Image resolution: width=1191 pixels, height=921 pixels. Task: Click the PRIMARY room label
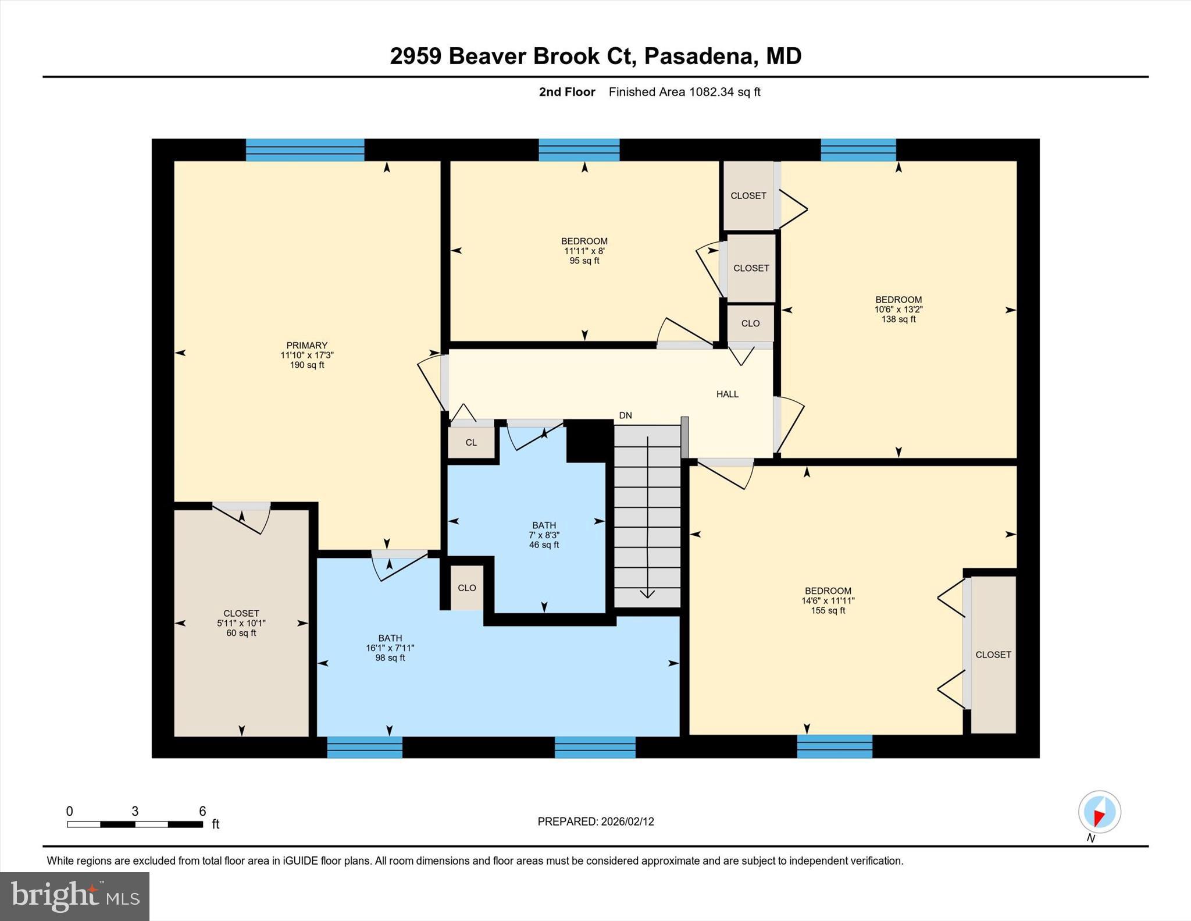pyautogui.click(x=306, y=355)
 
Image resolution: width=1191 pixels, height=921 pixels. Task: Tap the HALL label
pyautogui.click(x=727, y=394)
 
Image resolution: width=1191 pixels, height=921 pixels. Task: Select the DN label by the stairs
pyautogui.click(x=625, y=415)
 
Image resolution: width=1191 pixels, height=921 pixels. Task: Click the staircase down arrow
pyautogui.click(x=647, y=518)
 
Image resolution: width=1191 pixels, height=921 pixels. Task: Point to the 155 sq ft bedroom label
pyautogui.click(x=828, y=600)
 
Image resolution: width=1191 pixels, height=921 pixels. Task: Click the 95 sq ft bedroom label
pyautogui.click(x=584, y=251)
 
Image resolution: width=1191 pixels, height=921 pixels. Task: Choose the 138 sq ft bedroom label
pyautogui.click(x=898, y=310)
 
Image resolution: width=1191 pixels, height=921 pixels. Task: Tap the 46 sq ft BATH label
pyautogui.click(x=544, y=535)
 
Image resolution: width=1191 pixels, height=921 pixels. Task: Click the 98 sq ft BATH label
pyautogui.click(x=390, y=648)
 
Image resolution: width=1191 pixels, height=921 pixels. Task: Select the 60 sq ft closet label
pyautogui.click(x=241, y=623)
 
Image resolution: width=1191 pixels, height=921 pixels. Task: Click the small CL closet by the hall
pyautogui.click(x=471, y=443)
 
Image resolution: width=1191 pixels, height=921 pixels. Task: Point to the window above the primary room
pyautogui.click(x=305, y=150)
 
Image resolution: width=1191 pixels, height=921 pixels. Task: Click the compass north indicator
pyautogui.click(x=1099, y=812)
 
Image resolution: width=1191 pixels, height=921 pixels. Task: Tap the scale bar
pyautogui.click(x=135, y=824)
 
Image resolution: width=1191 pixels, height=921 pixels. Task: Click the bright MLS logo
pyautogui.click(x=74, y=896)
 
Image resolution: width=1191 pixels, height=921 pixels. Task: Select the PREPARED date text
pyautogui.click(x=595, y=822)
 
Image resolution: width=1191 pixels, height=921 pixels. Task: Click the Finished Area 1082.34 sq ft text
pyautogui.click(x=684, y=92)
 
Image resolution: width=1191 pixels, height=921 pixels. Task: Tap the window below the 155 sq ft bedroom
pyautogui.click(x=835, y=746)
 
